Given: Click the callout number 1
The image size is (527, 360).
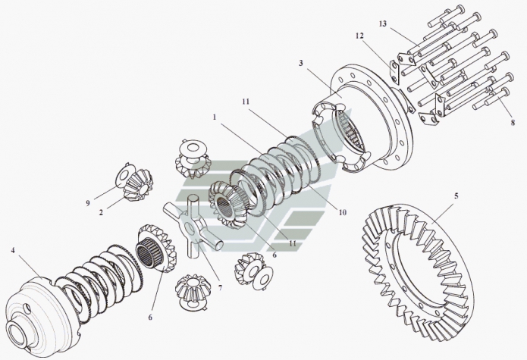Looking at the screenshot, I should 215,119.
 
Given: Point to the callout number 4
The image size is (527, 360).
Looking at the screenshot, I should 14,249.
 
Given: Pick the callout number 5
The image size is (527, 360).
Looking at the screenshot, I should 455,196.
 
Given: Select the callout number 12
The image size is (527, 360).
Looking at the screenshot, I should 359,35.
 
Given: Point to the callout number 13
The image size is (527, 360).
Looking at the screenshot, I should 382,25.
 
